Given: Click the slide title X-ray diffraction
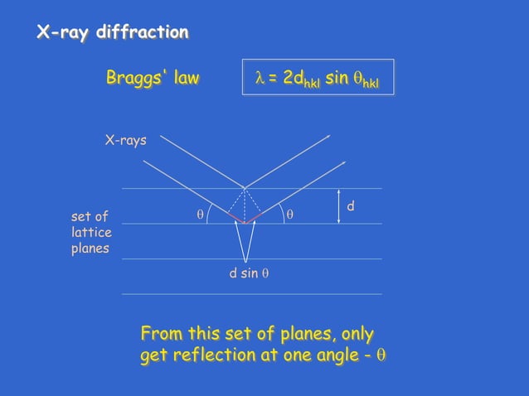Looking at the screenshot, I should [112, 33].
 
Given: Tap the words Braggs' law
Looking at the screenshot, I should [153, 79].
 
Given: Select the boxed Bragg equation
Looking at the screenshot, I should [318, 79].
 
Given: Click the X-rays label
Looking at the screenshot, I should [125, 141].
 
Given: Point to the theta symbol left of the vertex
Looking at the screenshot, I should [199, 215].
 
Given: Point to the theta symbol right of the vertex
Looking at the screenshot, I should [289, 215].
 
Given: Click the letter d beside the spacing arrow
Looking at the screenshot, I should [351, 205].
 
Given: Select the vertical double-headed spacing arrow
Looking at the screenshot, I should [339, 206].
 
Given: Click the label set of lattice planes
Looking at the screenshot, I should [91, 233].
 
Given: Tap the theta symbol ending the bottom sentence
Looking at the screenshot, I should [381, 355].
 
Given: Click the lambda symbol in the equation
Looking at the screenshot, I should [259, 79].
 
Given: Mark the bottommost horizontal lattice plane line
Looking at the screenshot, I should [251, 293].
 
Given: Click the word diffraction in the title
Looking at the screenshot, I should [143, 33].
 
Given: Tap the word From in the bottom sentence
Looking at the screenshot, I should [161, 334].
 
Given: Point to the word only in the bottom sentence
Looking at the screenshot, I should [357, 334].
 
